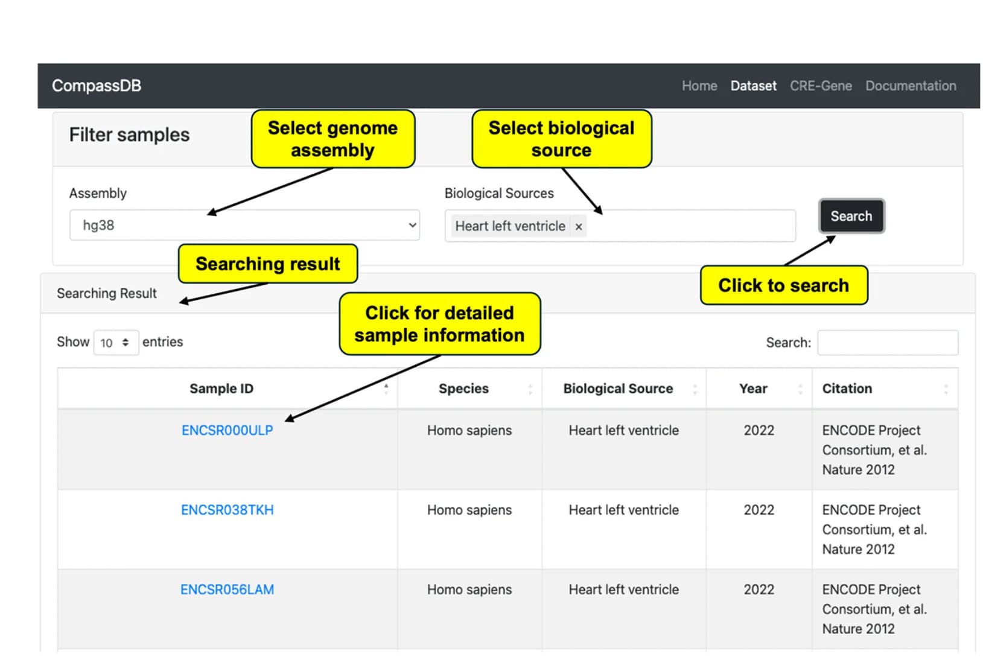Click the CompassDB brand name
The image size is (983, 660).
[97, 86]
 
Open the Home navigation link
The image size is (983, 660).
[699, 86]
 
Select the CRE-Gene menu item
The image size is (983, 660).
[821, 86]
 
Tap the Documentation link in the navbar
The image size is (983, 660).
[911, 86]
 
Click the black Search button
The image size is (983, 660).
[851, 216]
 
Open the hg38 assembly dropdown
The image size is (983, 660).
[244, 225]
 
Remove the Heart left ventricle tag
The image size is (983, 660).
[579, 226]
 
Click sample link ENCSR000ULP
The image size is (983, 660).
[227, 431]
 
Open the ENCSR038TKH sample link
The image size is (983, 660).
[227, 510]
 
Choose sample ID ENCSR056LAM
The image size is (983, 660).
[227, 589]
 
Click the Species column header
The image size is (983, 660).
[464, 389]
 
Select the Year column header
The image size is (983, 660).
[753, 389]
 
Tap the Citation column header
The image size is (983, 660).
[847, 389]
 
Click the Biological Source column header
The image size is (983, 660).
[618, 389]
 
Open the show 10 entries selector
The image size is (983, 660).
[116, 343]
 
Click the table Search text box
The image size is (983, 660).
[888, 343]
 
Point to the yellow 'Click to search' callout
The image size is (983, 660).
[784, 285]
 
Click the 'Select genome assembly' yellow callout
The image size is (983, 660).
[333, 139]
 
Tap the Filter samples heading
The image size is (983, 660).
[130, 135]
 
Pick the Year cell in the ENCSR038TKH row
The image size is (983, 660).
[759, 510]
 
